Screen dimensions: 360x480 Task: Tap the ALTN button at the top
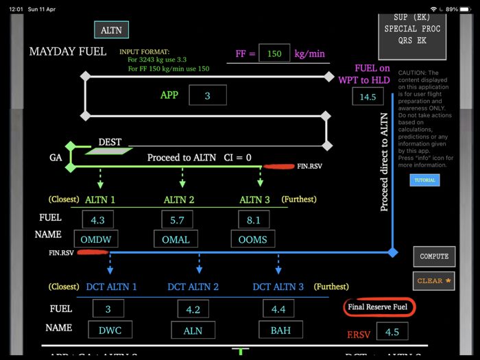111,30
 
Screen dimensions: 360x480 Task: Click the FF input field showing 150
274,53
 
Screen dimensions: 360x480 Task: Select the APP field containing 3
207,95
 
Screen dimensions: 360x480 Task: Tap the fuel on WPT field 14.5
368,97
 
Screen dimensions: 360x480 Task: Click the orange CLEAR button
433,280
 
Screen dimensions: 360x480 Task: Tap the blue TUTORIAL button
424,180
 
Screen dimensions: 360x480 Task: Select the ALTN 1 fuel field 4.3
98,220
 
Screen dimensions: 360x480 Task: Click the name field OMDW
96,239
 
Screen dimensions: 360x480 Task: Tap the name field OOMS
253,239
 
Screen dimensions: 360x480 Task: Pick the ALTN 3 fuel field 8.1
253,220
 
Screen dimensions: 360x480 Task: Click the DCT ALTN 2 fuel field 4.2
193,310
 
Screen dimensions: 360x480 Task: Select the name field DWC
110,330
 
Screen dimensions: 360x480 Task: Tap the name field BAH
280,330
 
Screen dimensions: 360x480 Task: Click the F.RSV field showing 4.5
392,332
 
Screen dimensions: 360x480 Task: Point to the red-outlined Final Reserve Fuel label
378,307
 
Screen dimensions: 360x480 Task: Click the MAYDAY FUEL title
67,52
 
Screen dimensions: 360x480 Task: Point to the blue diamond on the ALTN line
393,252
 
